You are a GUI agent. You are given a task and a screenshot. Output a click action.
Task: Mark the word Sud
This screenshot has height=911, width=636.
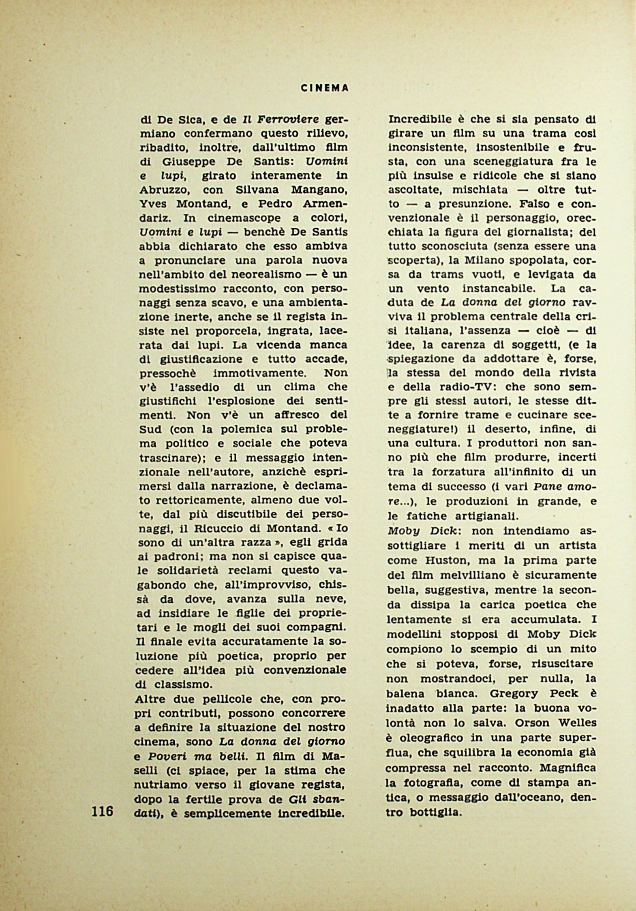coord(150,429)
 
